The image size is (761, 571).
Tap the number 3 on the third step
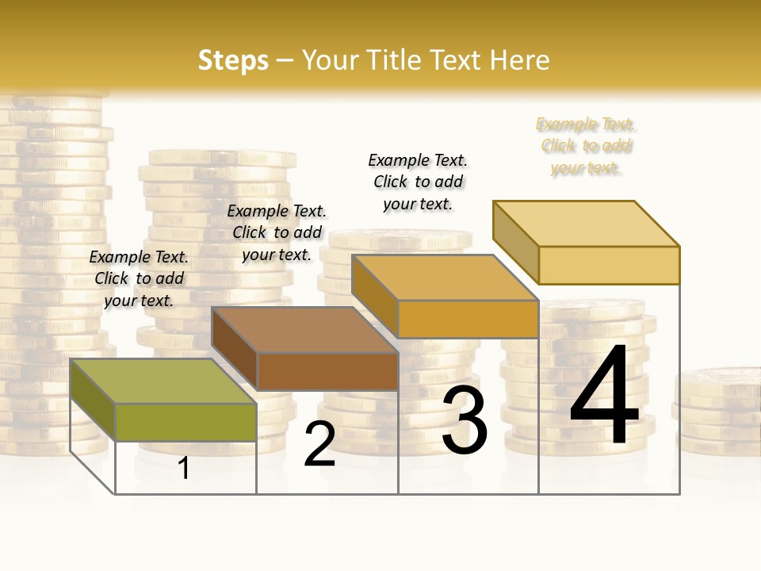point(465,420)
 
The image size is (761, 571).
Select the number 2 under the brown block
point(319,444)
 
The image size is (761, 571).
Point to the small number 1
point(184,468)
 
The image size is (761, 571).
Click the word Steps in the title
point(233,60)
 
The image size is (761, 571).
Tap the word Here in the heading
point(520,60)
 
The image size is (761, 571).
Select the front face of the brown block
point(327,371)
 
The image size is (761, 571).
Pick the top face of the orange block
point(444,278)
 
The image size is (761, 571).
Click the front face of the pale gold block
point(609,265)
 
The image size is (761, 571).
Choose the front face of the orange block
point(468,319)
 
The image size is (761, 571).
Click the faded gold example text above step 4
point(586,146)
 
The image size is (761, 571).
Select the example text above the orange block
point(418,182)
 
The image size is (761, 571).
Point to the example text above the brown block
point(277,232)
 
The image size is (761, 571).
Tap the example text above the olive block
point(139,278)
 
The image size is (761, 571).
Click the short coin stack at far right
point(717,412)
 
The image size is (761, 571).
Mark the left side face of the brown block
point(235,349)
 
